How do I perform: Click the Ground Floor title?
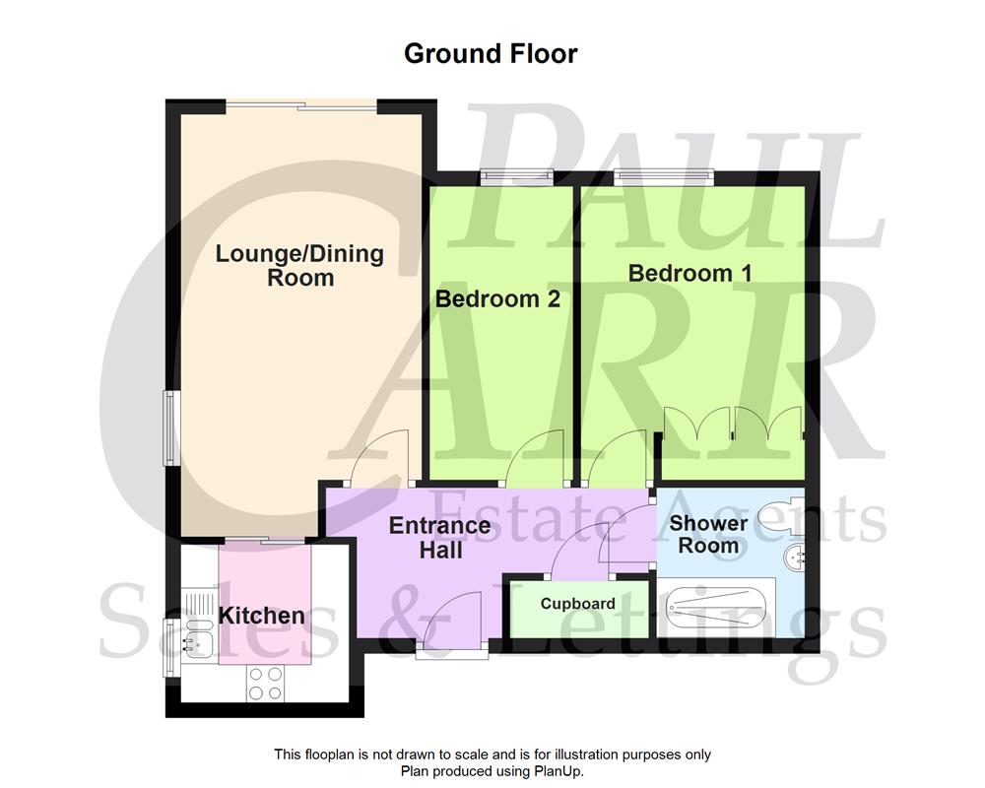pyautogui.click(x=491, y=53)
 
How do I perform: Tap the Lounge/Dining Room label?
pyautogui.click(x=299, y=266)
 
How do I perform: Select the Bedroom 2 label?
pyautogui.click(x=497, y=298)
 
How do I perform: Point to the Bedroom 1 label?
pyautogui.click(x=689, y=273)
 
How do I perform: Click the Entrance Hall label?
pyautogui.click(x=440, y=537)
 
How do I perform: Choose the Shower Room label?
pyautogui.click(x=708, y=533)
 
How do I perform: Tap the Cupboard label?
pyautogui.click(x=577, y=604)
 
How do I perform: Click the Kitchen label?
pyautogui.click(x=261, y=616)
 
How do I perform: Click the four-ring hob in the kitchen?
pyautogui.click(x=263, y=683)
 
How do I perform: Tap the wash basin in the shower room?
pyautogui.click(x=794, y=559)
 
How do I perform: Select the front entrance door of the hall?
pyautogui.click(x=451, y=621)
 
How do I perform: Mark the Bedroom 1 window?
pyautogui.click(x=662, y=177)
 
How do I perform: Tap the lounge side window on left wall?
pyautogui.click(x=170, y=427)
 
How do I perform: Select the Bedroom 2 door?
pyautogui.click(x=535, y=461)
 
